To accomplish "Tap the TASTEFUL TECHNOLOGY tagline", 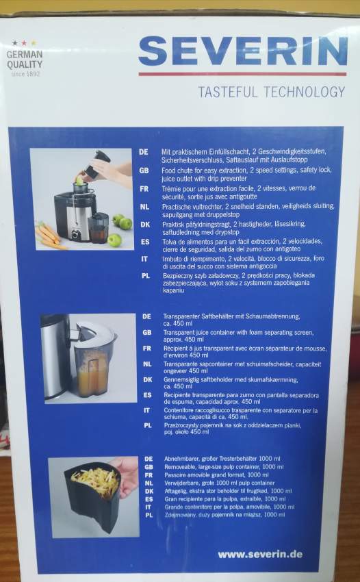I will click(271, 92).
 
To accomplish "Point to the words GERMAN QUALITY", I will click(24, 59).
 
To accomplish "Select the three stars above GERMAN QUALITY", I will click(24, 42).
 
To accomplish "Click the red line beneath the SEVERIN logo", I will click(243, 73).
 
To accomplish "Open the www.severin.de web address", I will click(260, 554).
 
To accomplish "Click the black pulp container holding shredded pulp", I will click(92, 500).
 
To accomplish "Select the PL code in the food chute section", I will click(145, 273).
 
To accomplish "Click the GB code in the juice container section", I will click(146, 332).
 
